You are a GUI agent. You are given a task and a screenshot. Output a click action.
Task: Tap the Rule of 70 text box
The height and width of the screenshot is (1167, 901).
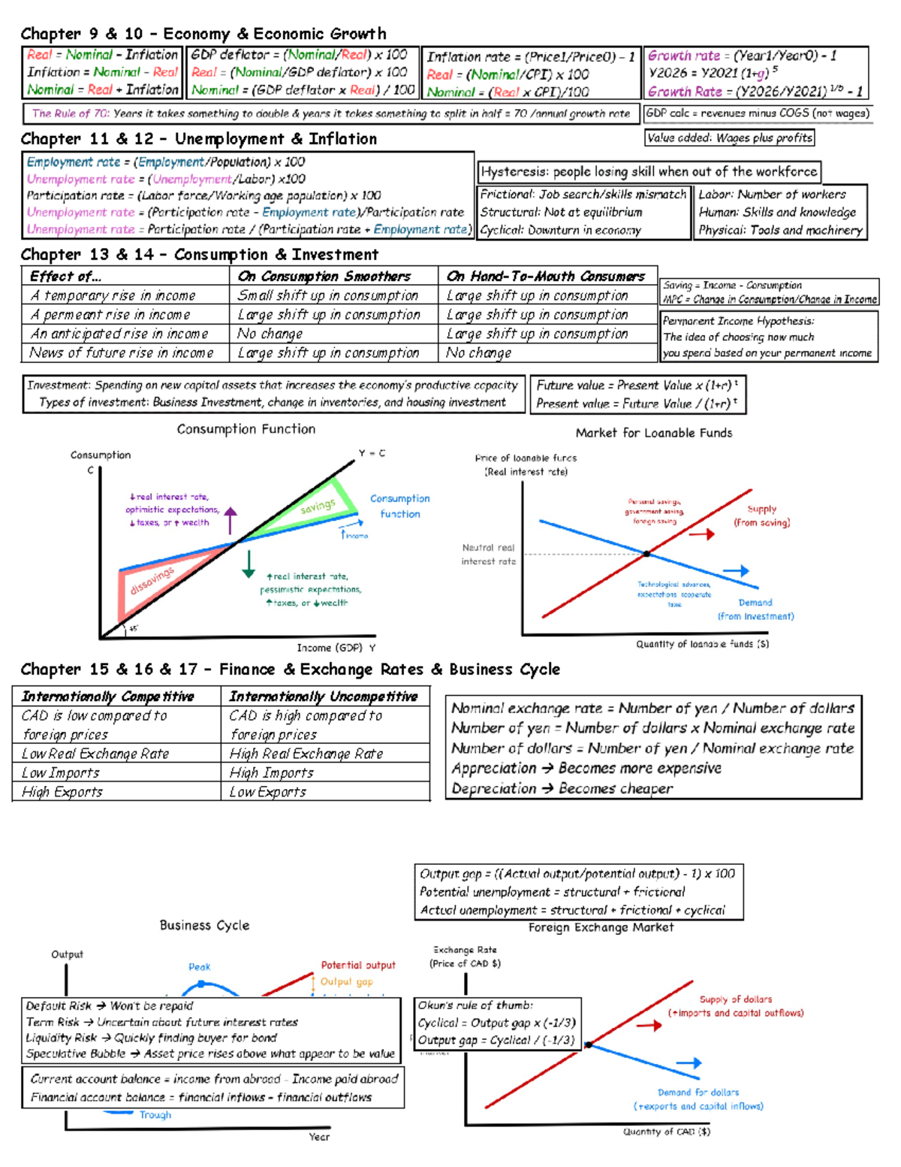pos(330,113)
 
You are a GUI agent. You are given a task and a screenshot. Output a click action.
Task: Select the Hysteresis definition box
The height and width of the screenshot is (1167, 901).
pos(649,172)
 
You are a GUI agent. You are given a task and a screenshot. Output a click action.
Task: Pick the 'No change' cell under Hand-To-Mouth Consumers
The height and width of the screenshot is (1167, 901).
pos(479,353)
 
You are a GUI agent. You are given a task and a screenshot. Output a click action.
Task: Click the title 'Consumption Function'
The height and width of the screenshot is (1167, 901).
pos(246,429)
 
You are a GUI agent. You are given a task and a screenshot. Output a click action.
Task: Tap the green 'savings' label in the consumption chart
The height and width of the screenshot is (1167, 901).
pos(318,507)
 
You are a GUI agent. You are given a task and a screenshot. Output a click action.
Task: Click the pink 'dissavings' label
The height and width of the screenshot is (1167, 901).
pos(152,580)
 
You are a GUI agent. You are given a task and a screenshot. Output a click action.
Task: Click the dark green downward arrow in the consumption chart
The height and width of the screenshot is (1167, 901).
pos(249,564)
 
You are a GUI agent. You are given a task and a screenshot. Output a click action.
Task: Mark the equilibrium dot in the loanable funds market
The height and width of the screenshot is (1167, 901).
pos(646,554)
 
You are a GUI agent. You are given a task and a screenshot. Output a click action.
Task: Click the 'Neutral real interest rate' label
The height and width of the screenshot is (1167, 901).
pos(488,555)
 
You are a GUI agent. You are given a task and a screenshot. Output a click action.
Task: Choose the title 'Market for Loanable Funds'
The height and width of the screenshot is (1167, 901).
pos(653,433)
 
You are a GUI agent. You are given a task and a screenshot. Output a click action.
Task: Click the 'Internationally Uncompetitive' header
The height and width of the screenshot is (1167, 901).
pos(323,697)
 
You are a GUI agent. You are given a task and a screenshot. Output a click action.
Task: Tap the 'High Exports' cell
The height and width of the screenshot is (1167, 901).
pos(62,792)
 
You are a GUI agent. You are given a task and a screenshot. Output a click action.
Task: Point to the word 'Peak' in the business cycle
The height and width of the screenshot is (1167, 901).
pos(199,967)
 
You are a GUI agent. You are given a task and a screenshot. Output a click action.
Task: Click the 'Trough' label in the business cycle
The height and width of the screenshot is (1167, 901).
pos(155,1115)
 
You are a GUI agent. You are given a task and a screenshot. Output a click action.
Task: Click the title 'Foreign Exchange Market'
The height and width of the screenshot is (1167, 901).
pos(601,928)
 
